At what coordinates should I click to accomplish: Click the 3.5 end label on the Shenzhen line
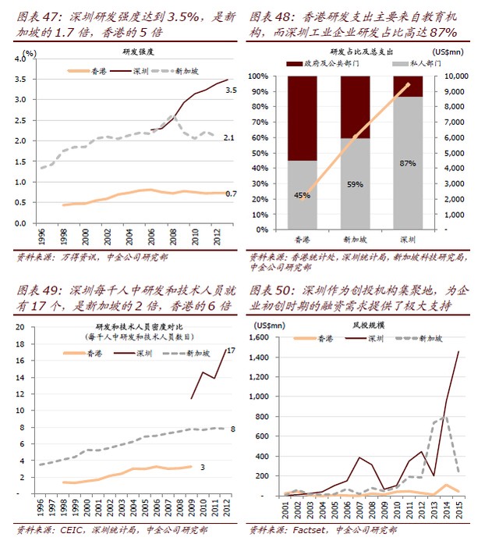(231, 91)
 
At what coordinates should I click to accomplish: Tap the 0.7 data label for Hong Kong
(231, 194)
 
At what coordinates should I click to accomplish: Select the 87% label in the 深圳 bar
(406, 164)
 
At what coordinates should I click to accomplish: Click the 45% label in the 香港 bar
(301, 194)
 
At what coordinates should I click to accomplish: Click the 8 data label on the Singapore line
(233, 429)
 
